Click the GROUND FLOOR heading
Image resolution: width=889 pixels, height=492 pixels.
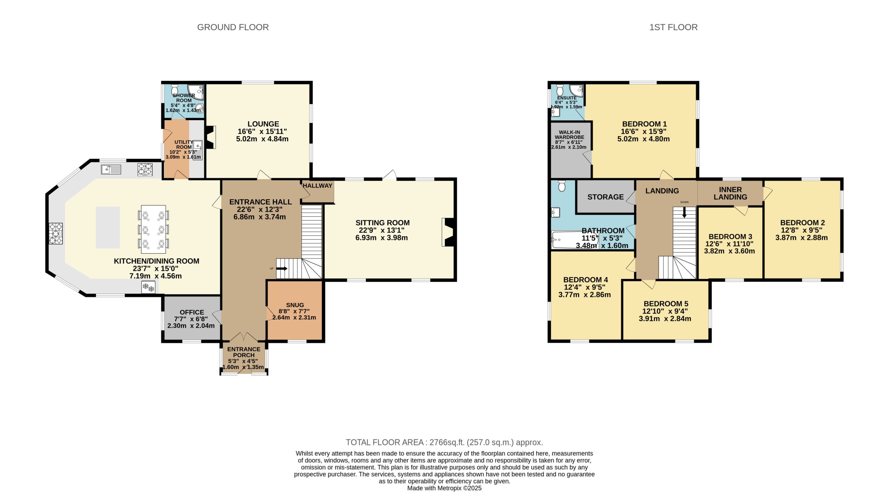[x=233, y=27]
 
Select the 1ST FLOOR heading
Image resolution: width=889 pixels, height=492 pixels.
[x=673, y=27]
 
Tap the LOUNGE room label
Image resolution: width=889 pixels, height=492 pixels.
[x=263, y=124]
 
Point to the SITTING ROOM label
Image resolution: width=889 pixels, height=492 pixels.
[x=382, y=223]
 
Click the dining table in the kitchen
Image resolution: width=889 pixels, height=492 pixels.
[x=153, y=229]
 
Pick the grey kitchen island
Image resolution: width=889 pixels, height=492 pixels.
[x=108, y=228]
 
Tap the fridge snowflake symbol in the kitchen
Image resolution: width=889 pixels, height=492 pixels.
[x=148, y=287]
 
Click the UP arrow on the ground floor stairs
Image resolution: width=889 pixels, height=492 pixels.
[x=282, y=268]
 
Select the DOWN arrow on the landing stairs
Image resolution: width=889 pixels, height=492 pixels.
[x=684, y=212]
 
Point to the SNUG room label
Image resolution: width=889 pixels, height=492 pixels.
[x=295, y=305]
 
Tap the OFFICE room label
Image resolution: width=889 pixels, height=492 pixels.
[x=192, y=312]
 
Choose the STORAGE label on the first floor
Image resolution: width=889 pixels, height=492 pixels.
[x=606, y=197]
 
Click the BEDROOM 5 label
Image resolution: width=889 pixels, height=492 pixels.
[x=666, y=304]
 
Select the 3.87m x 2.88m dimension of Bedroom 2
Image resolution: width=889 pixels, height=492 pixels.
[x=801, y=238]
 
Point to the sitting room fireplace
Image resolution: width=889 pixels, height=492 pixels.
[x=448, y=232]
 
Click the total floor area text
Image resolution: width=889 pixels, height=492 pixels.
[x=444, y=442]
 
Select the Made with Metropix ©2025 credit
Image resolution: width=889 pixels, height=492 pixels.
[x=444, y=488]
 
